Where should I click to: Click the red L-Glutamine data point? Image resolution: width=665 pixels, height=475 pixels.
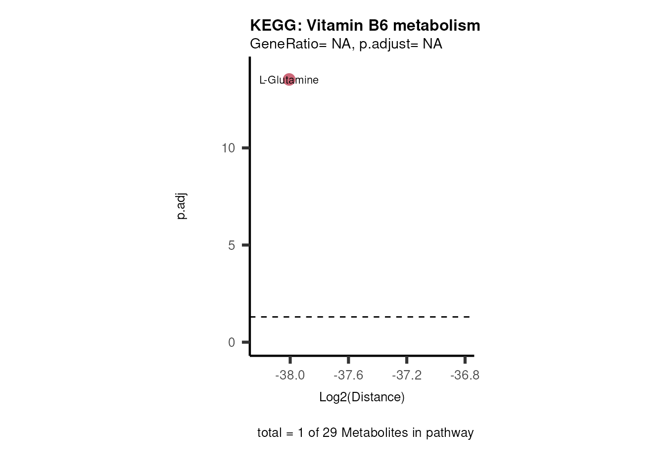click(289, 79)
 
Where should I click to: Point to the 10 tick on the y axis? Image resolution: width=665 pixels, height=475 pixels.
click(228, 148)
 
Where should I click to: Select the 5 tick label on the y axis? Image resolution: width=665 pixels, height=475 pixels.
click(232, 245)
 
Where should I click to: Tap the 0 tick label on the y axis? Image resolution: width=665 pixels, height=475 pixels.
click(232, 342)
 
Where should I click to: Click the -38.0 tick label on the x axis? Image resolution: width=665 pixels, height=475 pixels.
click(290, 376)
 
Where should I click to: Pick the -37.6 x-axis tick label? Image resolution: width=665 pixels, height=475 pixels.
click(348, 376)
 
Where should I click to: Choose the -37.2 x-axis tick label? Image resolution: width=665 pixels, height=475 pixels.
click(407, 376)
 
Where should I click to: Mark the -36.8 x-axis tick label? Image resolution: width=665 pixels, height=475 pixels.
click(465, 376)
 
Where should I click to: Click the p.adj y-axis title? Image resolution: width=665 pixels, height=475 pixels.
click(181, 206)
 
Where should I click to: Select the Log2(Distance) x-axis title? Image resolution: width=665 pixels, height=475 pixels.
click(362, 397)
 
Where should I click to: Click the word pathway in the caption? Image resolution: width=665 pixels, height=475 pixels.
click(450, 433)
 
